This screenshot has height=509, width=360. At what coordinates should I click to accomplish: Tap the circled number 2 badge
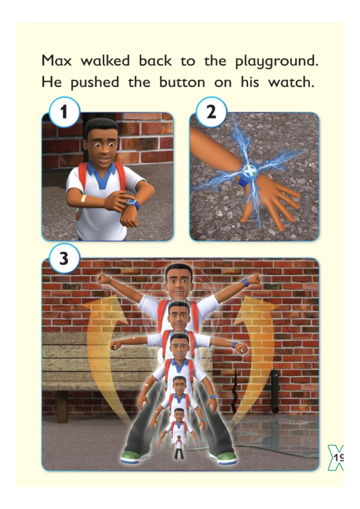pyautogui.click(x=211, y=112)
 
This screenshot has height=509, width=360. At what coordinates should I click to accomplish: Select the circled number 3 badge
pyautogui.click(x=64, y=258)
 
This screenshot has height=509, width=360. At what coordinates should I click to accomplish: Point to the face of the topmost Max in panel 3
pyautogui.click(x=178, y=282)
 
